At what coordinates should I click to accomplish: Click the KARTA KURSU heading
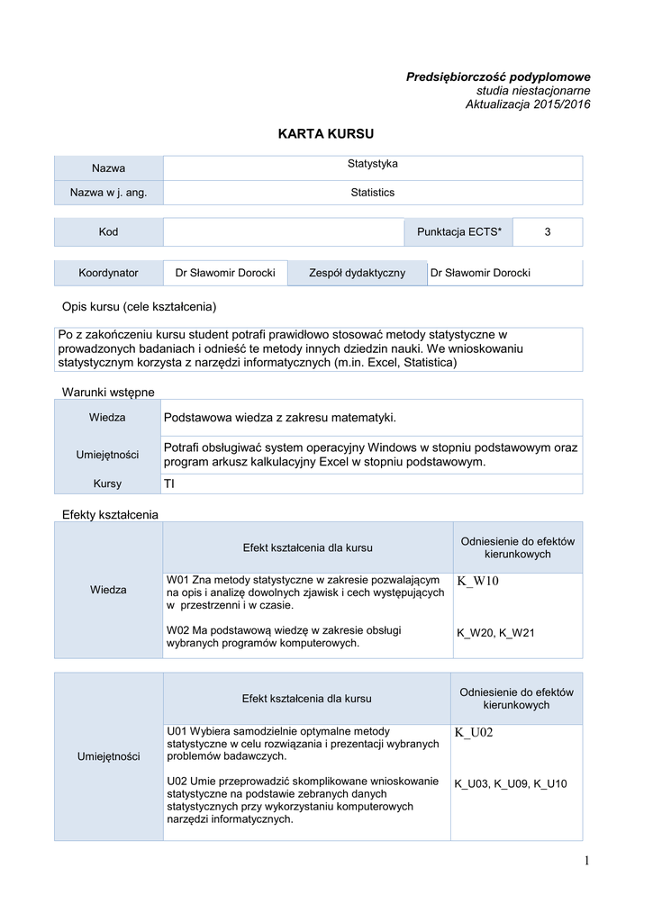point(325,133)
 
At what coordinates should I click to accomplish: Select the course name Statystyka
point(372,164)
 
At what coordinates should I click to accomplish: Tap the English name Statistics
point(372,193)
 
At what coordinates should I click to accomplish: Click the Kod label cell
point(108,232)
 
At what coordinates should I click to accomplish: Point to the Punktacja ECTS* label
point(459,232)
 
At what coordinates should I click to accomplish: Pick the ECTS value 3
point(547,232)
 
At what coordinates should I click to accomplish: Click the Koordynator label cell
point(108,273)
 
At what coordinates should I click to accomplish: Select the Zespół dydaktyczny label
point(357,273)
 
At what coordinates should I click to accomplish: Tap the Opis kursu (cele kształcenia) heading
point(139,307)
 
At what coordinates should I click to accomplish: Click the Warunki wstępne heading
point(108,392)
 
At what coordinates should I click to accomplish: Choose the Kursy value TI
point(169,484)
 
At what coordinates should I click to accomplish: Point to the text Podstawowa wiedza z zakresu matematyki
point(280,418)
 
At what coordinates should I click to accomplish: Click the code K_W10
point(477,582)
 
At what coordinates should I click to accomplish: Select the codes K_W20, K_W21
point(495,633)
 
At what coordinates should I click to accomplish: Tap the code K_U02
point(475,734)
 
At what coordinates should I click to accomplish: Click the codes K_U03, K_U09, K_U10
point(511,784)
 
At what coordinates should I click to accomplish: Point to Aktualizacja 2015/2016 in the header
point(528,104)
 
